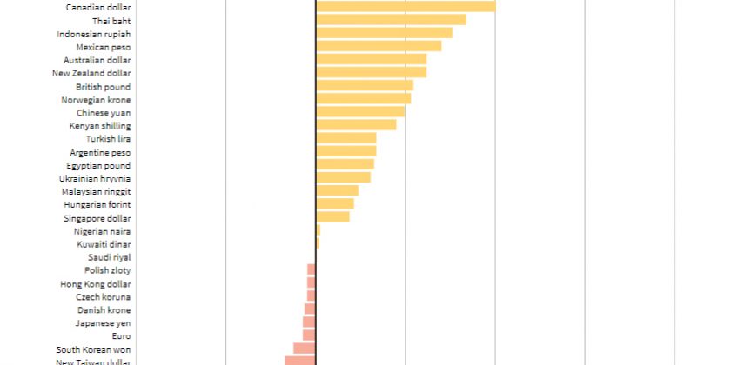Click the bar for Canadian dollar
click(406, 7)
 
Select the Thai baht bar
click(391, 20)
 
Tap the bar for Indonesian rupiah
click(384, 33)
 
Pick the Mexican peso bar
click(379, 46)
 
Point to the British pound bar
click(365, 86)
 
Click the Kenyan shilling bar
click(356, 125)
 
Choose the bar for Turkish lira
click(346, 138)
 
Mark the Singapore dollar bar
click(332, 217)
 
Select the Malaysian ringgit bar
click(338, 191)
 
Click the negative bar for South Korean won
click(305, 348)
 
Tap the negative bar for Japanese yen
click(309, 322)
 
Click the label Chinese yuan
click(104, 113)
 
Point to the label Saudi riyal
click(109, 257)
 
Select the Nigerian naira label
click(102, 231)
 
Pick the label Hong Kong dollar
click(96, 284)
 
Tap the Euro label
click(121, 335)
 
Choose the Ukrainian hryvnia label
click(95, 178)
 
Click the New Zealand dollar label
click(91, 73)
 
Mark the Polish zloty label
click(108, 270)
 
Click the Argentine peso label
click(100, 152)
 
